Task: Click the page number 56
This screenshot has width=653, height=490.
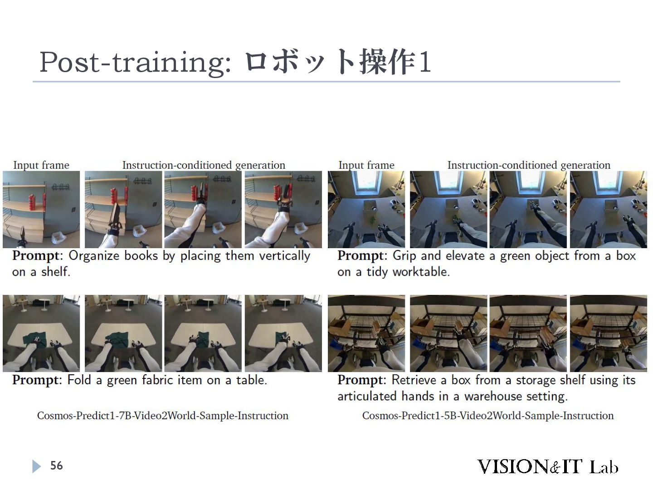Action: [57, 465]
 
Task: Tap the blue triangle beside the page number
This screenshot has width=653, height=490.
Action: [36, 466]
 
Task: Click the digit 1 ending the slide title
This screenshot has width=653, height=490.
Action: [424, 62]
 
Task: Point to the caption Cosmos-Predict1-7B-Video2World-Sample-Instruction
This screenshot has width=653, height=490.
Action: [163, 415]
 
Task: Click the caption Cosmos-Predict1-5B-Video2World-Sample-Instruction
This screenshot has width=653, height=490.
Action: [488, 415]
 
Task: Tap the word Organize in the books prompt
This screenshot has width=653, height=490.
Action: [94, 256]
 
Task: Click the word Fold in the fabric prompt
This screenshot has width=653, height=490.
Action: [79, 380]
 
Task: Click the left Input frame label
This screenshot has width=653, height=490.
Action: [41, 165]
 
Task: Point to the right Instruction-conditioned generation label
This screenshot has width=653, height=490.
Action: [529, 165]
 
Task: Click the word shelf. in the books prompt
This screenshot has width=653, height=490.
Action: [56, 272]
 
